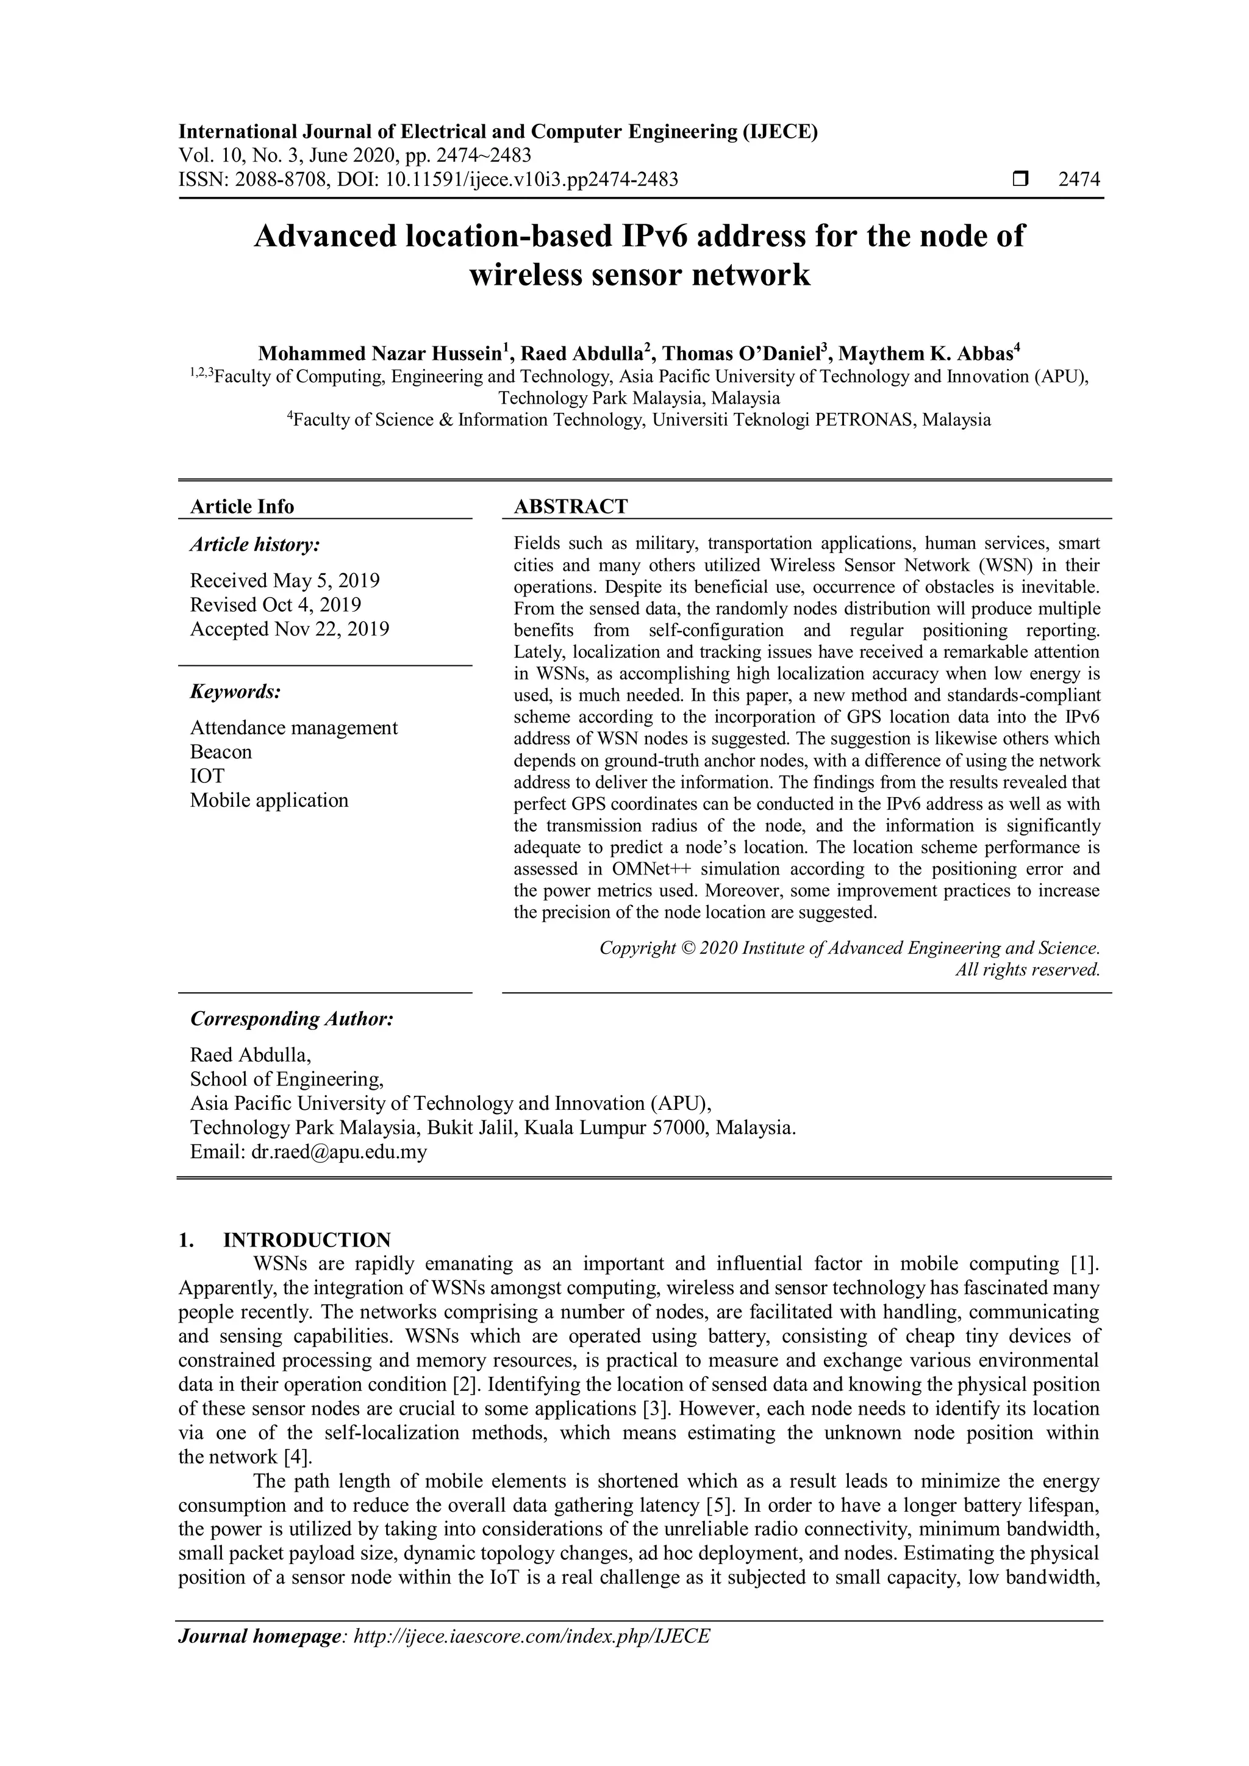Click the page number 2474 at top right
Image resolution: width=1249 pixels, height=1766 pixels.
tap(1079, 180)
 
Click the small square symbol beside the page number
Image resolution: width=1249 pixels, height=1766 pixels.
tap(1020, 180)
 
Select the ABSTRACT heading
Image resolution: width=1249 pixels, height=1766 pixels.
tap(571, 506)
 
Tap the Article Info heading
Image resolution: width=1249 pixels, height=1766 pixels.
tap(242, 506)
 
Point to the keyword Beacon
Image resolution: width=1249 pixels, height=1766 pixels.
tap(221, 751)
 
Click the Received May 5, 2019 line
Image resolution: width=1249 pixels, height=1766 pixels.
tap(285, 580)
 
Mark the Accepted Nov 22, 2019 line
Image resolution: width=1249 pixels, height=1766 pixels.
tap(289, 629)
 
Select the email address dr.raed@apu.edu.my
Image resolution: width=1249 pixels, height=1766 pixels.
tap(339, 1151)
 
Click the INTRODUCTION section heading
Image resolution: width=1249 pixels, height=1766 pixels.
tap(307, 1240)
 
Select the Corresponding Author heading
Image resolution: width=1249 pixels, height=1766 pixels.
tap(292, 1018)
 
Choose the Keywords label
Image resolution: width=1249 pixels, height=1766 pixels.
tap(235, 692)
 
